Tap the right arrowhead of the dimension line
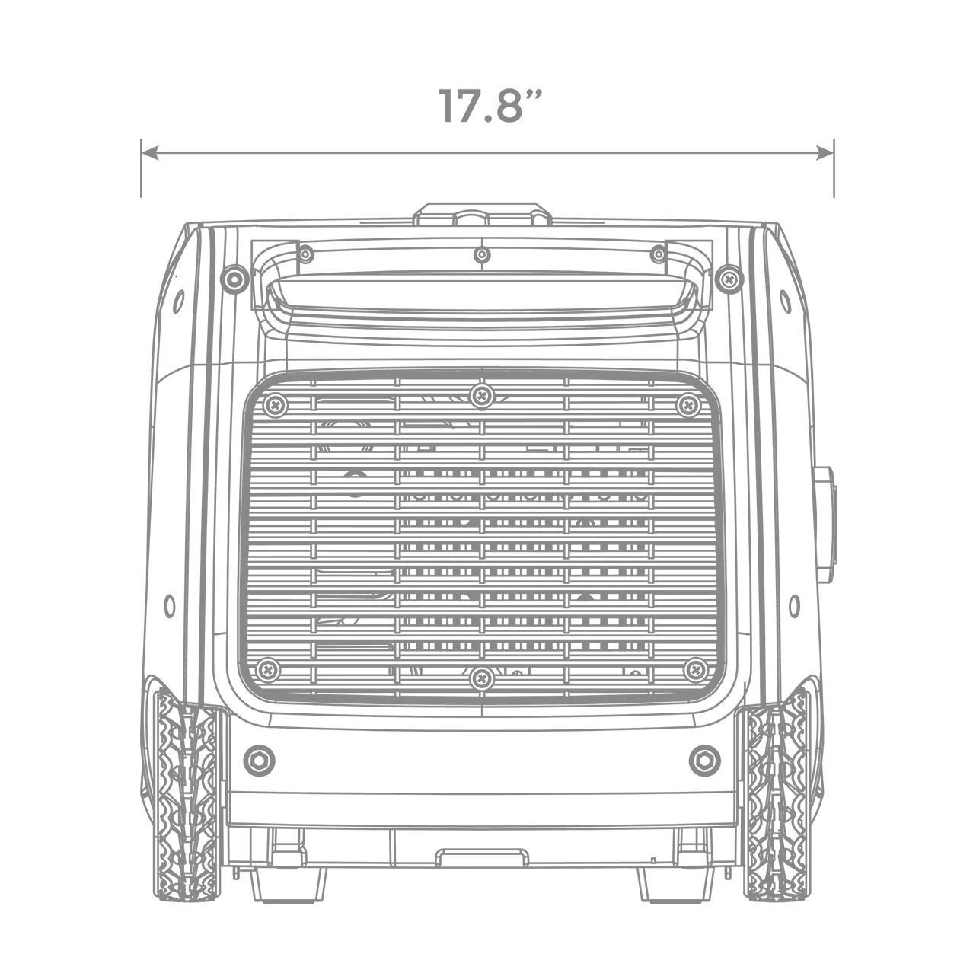click(x=825, y=152)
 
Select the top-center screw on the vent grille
click(x=483, y=395)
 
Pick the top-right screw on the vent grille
click(x=688, y=404)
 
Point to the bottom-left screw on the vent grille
click(x=269, y=670)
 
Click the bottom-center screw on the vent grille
click(x=483, y=678)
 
